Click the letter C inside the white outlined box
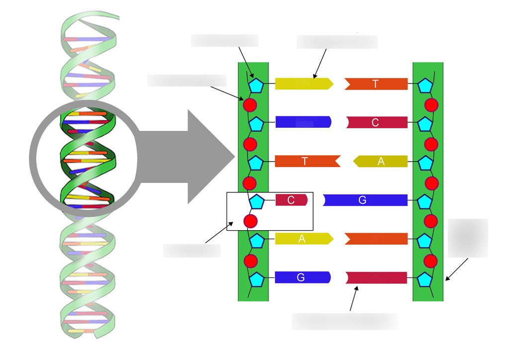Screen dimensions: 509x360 291,200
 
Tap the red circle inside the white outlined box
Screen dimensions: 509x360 251,221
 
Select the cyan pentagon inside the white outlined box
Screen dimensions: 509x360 257,202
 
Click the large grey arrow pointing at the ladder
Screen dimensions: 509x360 187,157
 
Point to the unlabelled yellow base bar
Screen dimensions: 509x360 304,84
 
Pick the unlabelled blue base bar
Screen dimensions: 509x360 303,122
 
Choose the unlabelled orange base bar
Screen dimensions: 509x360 376,239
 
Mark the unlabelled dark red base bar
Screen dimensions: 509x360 376,278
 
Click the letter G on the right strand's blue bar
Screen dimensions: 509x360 362,200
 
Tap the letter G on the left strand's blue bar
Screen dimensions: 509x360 301,277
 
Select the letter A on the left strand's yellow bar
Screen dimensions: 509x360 302,239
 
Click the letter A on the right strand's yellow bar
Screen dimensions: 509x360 381,161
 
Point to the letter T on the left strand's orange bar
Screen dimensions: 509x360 305,161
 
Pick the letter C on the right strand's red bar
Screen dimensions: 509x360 375,122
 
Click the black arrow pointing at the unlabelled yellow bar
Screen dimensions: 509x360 320,64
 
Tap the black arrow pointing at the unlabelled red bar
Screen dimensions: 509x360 354,298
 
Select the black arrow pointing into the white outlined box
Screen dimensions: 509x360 219,232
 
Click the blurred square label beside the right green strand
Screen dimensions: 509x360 468,238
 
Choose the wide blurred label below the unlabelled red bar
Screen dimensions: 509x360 345,322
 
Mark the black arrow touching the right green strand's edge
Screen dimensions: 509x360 456,270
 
